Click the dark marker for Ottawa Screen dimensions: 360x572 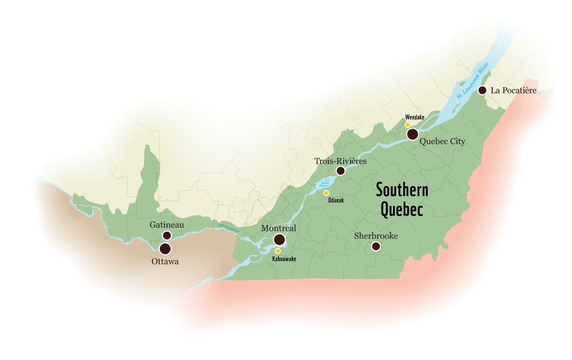click(x=165, y=248)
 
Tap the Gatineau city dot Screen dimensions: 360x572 click(x=167, y=235)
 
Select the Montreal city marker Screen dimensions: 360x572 click(x=279, y=239)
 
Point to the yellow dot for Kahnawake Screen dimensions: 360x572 click(x=278, y=251)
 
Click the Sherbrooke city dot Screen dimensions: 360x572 click(x=376, y=246)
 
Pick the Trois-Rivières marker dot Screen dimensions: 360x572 click(x=340, y=170)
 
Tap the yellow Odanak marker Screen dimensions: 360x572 click(x=326, y=193)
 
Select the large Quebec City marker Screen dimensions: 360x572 click(x=413, y=134)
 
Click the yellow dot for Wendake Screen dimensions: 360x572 click(x=407, y=125)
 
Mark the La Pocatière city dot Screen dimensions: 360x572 click(x=482, y=90)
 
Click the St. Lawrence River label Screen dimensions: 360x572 click(x=472, y=80)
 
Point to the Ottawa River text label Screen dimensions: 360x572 click(x=228, y=228)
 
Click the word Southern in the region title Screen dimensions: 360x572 click(x=402, y=190)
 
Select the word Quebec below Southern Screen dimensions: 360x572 click(x=402, y=209)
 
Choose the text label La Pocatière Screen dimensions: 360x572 click(x=514, y=90)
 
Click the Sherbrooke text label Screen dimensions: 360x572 click(x=376, y=236)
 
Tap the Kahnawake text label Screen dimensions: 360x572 click(x=284, y=259)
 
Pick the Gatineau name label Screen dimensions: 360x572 click(x=166, y=225)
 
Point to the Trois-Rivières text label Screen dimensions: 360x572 click(x=340, y=161)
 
